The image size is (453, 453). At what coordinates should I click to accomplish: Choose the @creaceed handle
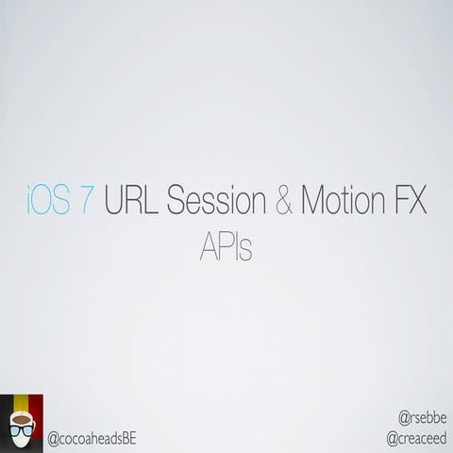tap(416, 439)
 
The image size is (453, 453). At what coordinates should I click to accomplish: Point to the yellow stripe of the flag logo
tap(22, 404)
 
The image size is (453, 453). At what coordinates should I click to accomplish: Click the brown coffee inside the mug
tap(21, 419)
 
